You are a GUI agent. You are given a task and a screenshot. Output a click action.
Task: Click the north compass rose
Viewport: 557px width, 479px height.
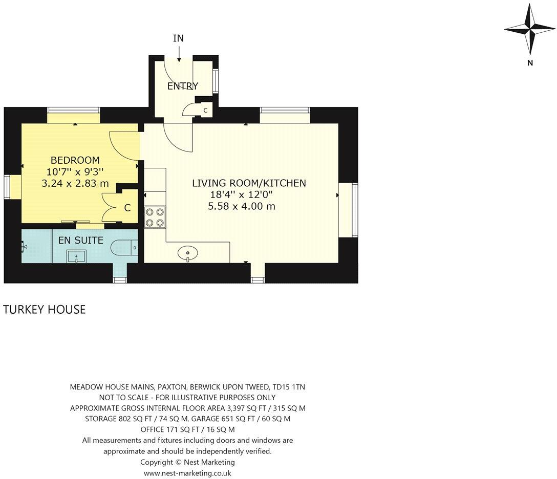pyautogui.click(x=530, y=30)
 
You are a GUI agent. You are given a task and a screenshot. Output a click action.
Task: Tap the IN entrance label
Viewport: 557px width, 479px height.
pyautogui.click(x=178, y=38)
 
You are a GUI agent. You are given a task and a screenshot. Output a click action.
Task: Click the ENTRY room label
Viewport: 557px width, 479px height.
pyautogui.click(x=182, y=86)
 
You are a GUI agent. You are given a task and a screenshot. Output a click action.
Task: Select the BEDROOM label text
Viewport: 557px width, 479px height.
pyautogui.click(x=75, y=160)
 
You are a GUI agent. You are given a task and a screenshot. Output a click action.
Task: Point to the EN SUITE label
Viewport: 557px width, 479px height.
pyautogui.click(x=80, y=240)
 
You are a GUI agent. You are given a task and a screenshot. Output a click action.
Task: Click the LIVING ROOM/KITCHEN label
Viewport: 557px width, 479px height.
pyautogui.click(x=249, y=183)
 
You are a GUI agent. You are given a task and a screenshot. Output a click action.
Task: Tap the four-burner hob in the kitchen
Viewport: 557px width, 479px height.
pyautogui.click(x=155, y=216)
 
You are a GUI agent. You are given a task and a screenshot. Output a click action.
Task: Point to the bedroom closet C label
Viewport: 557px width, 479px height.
pyautogui.click(x=127, y=208)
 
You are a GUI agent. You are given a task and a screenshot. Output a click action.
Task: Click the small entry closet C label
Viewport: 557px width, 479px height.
pyautogui.click(x=205, y=110)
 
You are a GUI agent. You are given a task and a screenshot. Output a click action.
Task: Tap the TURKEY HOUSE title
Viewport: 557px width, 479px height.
pyautogui.click(x=45, y=309)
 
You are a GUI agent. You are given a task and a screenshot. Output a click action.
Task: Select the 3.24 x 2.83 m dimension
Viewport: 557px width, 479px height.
pyautogui.click(x=76, y=183)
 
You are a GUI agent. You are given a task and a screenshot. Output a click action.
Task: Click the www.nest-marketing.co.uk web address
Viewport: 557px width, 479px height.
pyautogui.click(x=187, y=473)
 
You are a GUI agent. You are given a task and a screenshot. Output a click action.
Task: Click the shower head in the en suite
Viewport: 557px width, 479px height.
pyautogui.click(x=25, y=246)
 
